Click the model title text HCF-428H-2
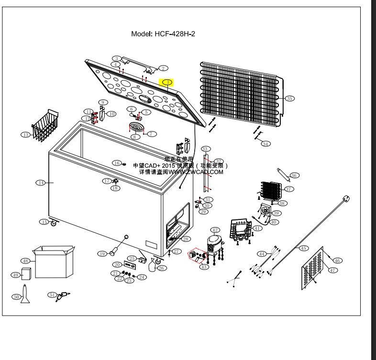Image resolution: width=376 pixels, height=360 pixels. [x=163, y=34]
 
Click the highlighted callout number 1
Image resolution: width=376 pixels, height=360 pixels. [x=168, y=82]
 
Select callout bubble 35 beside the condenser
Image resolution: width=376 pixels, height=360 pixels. [x=289, y=98]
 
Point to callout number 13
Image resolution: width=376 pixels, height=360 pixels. [x=25, y=135]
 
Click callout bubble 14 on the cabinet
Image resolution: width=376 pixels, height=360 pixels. [x=41, y=182]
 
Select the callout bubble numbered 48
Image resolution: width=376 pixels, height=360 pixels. [x=25, y=261]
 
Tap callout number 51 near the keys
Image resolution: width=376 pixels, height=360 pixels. [x=52, y=295]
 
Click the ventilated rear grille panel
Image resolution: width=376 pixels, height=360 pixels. [x=312, y=270]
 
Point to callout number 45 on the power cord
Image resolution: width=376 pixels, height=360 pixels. [x=303, y=248]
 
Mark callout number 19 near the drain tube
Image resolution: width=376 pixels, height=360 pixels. [x=102, y=253]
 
